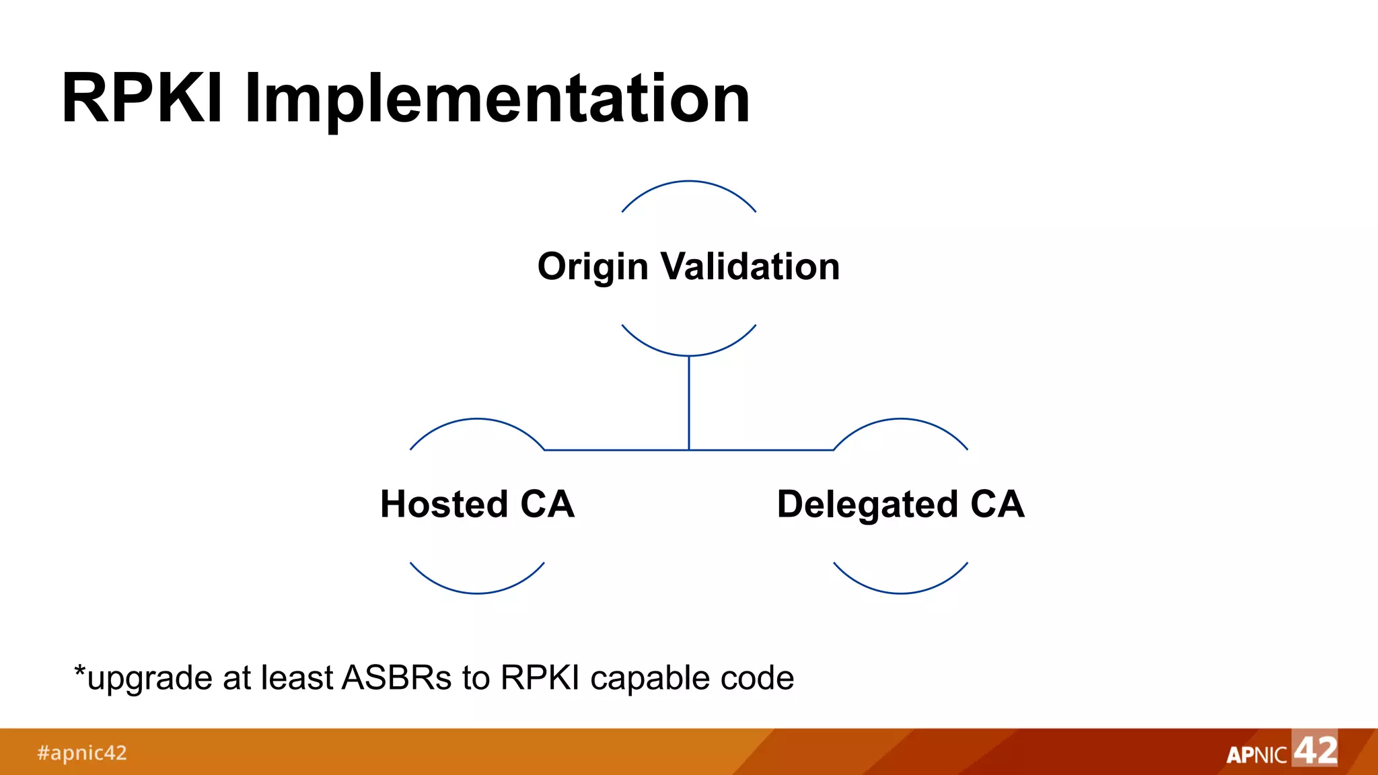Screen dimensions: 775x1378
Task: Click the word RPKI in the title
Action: [141, 99]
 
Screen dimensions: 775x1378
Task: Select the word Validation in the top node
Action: [750, 266]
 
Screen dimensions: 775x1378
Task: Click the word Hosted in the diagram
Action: [443, 504]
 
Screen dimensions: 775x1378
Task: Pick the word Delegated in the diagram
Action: [867, 505]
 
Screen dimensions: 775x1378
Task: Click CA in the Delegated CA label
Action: [997, 504]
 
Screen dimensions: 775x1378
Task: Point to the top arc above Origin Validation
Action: [689, 181]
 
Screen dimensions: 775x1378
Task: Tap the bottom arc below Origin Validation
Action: [689, 355]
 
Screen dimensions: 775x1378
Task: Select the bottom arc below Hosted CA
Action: [477, 593]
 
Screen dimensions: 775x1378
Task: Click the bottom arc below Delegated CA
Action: [900, 593]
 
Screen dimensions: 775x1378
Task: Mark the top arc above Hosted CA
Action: [477, 419]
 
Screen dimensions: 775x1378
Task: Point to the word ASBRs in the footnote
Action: [396, 677]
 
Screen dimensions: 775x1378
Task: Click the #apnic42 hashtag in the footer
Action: [81, 753]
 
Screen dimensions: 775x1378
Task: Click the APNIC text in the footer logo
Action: [1256, 755]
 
